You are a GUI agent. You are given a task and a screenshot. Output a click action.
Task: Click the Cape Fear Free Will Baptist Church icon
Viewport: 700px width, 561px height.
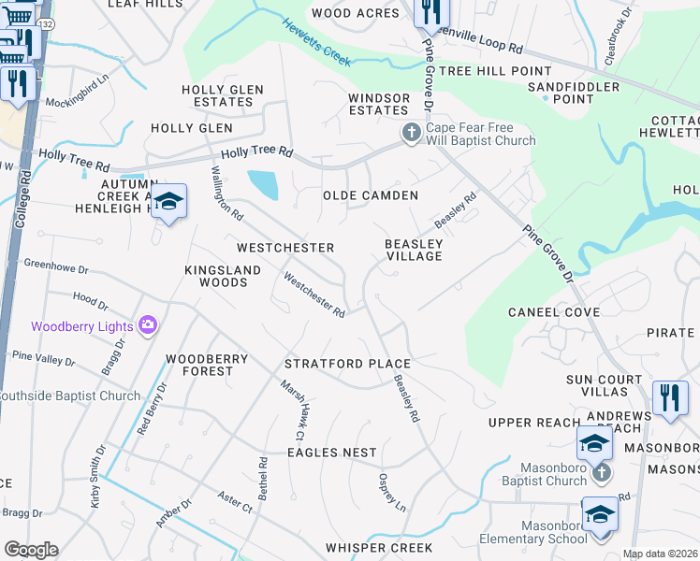[411, 134]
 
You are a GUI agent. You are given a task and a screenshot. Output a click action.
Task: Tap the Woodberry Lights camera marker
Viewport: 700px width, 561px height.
[148, 325]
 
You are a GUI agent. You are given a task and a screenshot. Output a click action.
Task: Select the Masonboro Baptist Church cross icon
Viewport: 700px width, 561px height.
[601, 473]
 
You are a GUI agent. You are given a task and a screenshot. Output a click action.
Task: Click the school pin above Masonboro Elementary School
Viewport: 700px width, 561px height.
[599, 515]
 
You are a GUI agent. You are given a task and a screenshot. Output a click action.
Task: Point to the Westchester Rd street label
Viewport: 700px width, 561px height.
[315, 295]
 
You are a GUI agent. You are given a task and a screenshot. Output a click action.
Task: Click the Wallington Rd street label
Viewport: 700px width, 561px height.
[227, 193]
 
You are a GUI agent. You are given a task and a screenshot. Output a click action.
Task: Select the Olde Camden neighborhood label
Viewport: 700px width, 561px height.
[370, 195]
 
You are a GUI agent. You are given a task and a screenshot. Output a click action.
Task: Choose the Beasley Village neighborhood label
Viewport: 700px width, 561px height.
[414, 249]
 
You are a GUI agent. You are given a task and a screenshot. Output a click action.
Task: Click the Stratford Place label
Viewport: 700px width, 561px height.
[347, 364]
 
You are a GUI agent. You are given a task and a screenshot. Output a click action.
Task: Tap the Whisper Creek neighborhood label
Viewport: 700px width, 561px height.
[379, 548]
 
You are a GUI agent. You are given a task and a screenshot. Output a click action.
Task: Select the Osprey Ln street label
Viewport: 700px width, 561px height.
[391, 492]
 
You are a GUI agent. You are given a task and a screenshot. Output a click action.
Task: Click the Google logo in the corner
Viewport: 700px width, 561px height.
[30, 549]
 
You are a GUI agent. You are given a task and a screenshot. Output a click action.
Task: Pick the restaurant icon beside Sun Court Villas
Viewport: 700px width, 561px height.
[669, 396]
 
